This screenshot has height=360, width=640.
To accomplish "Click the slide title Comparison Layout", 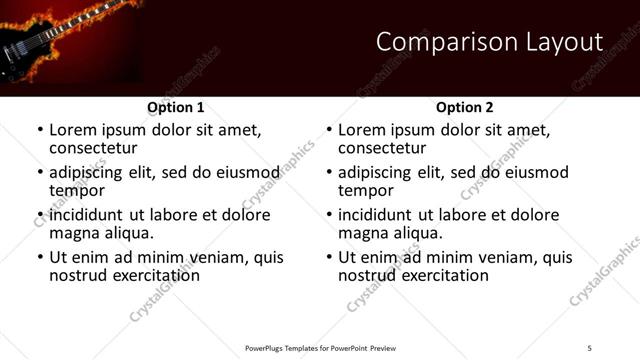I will point(489,42).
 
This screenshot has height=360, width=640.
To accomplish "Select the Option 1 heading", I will point(176,107).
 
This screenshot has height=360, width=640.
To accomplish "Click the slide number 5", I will point(590,347).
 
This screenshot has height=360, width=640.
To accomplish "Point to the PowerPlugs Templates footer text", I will point(320,347).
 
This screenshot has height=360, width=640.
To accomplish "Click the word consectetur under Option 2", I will point(382,148).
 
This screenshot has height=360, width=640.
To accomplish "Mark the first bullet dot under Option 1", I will point(39,130).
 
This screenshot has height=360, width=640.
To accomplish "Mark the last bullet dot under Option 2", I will point(328,257).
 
